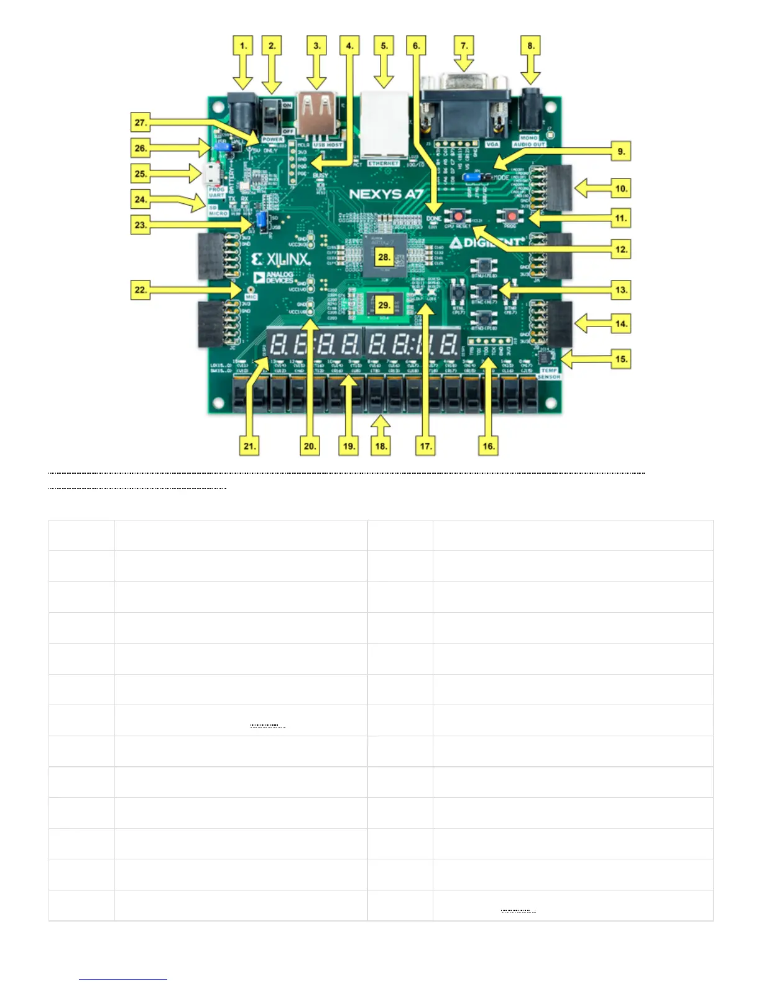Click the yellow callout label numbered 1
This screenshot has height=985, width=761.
pos(243,45)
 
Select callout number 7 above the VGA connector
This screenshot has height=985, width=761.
pos(464,45)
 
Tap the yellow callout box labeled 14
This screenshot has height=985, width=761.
pos(621,323)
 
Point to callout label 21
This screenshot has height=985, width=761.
pos(249,446)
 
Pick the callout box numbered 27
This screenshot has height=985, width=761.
pos(141,123)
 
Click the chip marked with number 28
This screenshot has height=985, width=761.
pos(384,256)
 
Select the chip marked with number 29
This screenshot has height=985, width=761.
pos(384,305)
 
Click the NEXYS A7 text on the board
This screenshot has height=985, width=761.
pos(385,194)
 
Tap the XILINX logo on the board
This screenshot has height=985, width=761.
pos(281,259)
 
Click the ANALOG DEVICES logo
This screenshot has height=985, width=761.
pos(274,278)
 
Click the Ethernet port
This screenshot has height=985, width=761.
pos(385,124)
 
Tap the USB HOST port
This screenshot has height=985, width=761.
pos(317,113)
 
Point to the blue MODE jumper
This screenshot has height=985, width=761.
pos(476,177)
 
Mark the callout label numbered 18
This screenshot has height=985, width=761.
pos(381,446)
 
